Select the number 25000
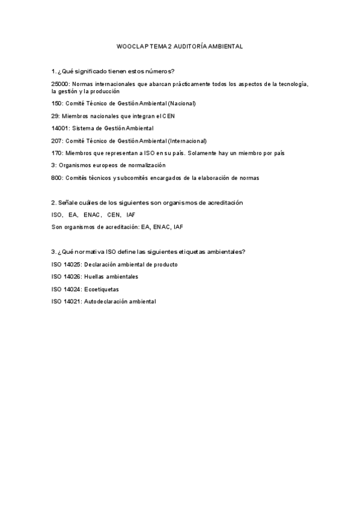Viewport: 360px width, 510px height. coord(61,84)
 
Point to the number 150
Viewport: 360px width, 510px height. coord(57,103)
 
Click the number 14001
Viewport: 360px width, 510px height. coord(61,128)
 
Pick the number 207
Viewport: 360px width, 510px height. coord(57,141)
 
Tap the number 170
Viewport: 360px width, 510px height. coord(57,153)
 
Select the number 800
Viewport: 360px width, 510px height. coord(57,177)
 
